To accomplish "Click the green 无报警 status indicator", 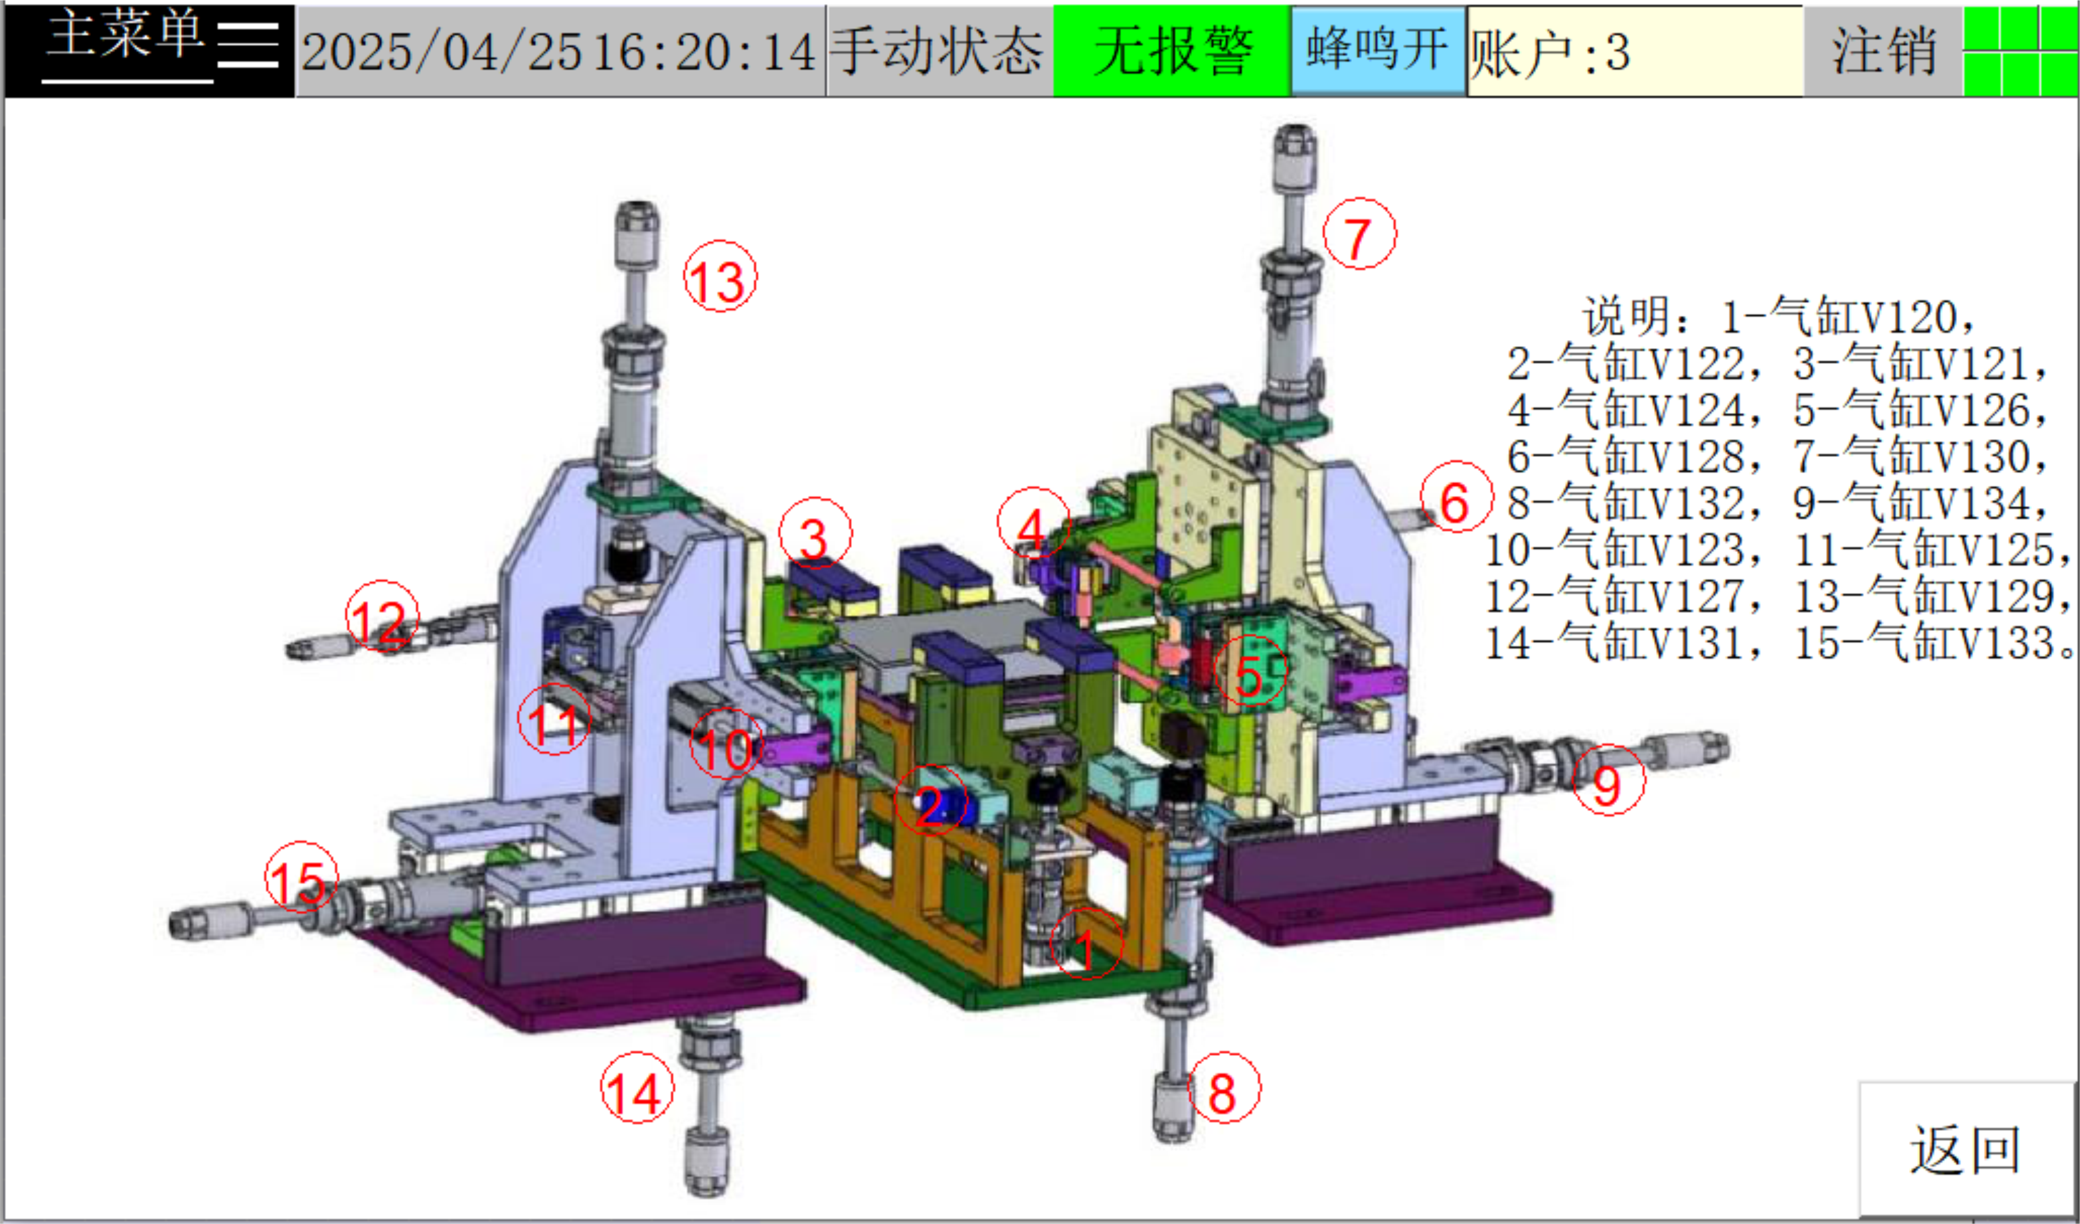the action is [1172, 51].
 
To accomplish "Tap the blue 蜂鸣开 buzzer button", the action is [1379, 51].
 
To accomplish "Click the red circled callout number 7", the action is [1360, 234].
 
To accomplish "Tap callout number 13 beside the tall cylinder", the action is [720, 276].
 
